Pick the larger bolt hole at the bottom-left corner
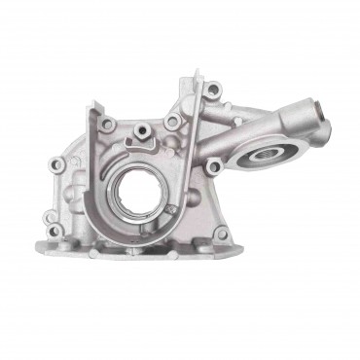coord(56,232)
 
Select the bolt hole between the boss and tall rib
coord(172,122)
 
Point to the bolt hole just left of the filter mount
coord(213,167)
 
